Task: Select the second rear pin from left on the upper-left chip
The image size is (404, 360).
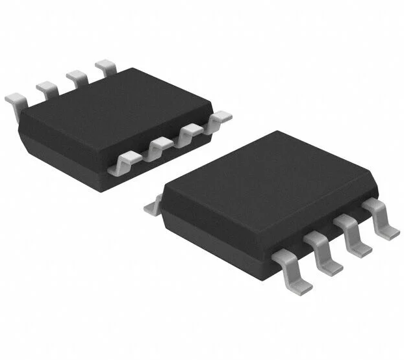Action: (47, 88)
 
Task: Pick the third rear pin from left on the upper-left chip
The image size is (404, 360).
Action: (78, 77)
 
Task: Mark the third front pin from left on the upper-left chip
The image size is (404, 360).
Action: (189, 133)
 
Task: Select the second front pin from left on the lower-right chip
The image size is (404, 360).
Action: (325, 250)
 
